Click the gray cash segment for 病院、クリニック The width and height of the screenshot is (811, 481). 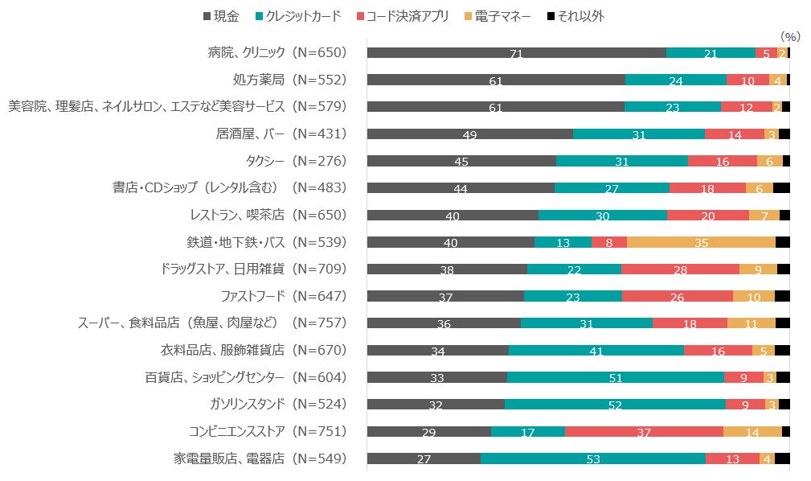(516, 53)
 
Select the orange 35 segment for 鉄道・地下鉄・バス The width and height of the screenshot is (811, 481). (701, 242)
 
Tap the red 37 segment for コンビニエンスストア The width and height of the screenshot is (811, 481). (644, 431)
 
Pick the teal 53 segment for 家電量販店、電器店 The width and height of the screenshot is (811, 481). (593, 458)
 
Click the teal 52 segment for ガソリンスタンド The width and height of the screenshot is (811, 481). (615, 405)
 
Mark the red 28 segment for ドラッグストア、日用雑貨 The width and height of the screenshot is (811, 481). (680, 269)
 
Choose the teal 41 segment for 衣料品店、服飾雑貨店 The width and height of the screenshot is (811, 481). (596, 350)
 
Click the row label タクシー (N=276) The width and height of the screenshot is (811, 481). (284, 161)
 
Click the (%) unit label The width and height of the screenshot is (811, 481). (791, 36)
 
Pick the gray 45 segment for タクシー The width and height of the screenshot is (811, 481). (461, 161)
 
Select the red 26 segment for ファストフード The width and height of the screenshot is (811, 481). (677, 296)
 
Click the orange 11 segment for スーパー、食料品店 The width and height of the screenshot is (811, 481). (751, 323)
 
